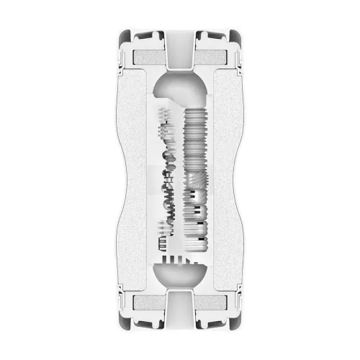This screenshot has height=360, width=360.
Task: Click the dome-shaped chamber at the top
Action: (x=180, y=86)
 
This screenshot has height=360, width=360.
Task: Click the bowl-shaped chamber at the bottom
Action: (x=180, y=276)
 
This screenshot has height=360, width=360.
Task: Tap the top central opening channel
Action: (x=180, y=50)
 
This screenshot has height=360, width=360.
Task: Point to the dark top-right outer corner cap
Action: (x=235, y=36)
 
